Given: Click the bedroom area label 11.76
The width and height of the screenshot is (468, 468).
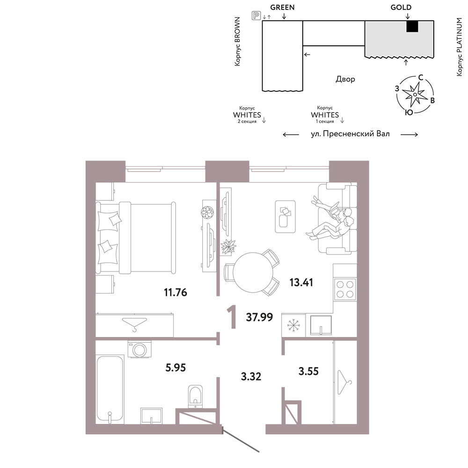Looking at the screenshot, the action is coord(175,292).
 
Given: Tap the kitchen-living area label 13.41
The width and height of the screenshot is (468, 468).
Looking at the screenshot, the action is coord(301,282).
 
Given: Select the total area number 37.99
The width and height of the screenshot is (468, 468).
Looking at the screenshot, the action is coord(259,317).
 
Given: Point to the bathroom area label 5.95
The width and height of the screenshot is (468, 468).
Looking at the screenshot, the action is coord(175,367).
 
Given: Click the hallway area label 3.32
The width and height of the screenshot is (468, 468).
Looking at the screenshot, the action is coord(251,376).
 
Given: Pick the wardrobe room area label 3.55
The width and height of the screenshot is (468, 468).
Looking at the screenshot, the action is coord(308,371).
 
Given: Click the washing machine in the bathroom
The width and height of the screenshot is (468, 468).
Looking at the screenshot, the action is coord(139,349).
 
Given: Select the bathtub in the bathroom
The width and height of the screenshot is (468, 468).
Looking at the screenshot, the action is coord(110,389).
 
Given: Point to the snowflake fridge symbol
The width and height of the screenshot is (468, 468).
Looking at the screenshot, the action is coord(294,325).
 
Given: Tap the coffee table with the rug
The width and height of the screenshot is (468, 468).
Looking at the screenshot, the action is coord(285,217).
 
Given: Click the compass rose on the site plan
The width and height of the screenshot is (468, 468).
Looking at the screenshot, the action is coord(415,95).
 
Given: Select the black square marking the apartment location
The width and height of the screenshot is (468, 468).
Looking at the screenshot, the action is coord(412,26).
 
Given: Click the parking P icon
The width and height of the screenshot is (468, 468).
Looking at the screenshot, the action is coord(256,15).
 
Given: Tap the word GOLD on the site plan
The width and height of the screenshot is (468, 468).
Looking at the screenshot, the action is coord(401,7).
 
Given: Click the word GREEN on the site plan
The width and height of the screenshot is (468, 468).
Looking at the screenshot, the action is coord(282,7).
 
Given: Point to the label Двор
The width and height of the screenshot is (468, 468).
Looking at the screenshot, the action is coord(345,80).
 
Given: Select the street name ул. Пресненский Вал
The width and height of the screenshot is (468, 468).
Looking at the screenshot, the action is coord(350,134).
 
